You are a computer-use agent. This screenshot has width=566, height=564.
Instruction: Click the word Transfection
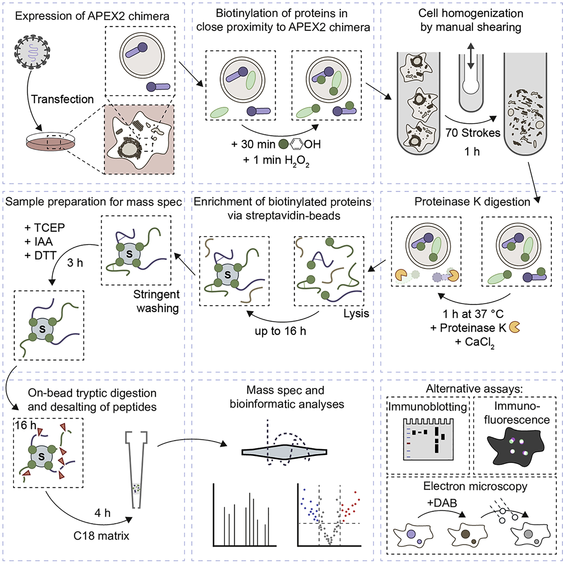62,99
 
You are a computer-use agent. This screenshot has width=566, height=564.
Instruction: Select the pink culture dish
50,142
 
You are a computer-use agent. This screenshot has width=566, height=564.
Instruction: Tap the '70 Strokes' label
473,133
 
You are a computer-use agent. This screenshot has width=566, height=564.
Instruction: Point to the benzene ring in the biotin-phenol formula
297,144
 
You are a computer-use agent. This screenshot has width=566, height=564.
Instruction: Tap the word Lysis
356,314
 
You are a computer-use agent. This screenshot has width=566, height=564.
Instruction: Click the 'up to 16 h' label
280,331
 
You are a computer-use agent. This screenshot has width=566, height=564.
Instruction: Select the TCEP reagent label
45,228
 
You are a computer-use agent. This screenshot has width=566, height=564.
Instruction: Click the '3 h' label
75,263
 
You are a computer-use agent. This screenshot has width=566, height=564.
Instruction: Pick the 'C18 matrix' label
101,536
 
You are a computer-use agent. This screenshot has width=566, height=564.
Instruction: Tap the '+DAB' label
442,503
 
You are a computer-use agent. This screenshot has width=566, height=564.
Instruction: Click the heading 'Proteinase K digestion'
472,202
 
